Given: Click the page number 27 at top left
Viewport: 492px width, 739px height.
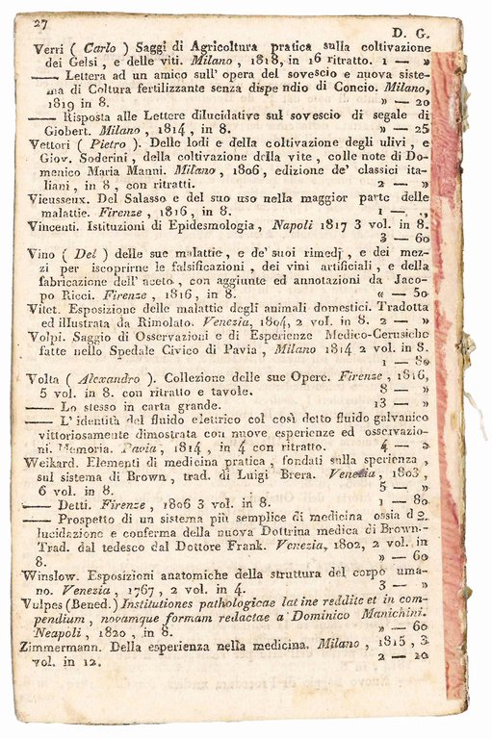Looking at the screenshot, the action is [x=39, y=22].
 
